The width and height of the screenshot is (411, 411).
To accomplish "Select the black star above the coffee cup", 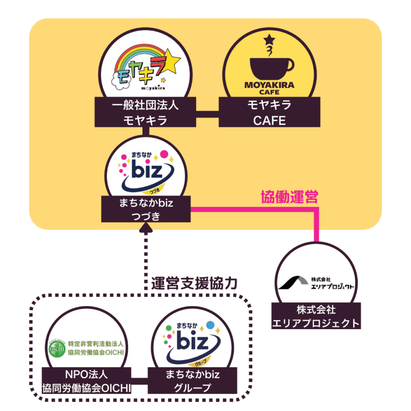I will click(x=269, y=39).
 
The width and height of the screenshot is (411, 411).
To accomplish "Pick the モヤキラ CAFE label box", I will click(x=269, y=112).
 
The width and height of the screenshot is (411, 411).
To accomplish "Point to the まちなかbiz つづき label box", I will click(x=145, y=209).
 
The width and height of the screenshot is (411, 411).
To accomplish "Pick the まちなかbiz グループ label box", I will click(x=193, y=381).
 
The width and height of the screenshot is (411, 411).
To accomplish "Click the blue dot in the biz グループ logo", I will click(x=210, y=324).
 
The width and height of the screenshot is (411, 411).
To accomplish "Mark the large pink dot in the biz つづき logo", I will click(x=164, y=154).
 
